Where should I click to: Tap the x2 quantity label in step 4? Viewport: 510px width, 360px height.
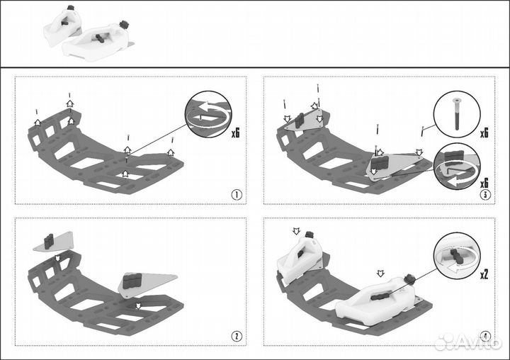point(484,274)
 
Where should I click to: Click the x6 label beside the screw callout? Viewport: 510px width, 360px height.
point(484,132)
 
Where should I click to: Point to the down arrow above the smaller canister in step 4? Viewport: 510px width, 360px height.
point(296,232)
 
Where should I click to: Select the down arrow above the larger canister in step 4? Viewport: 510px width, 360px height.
point(380,272)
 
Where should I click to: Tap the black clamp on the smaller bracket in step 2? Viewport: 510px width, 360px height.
point(50,240)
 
